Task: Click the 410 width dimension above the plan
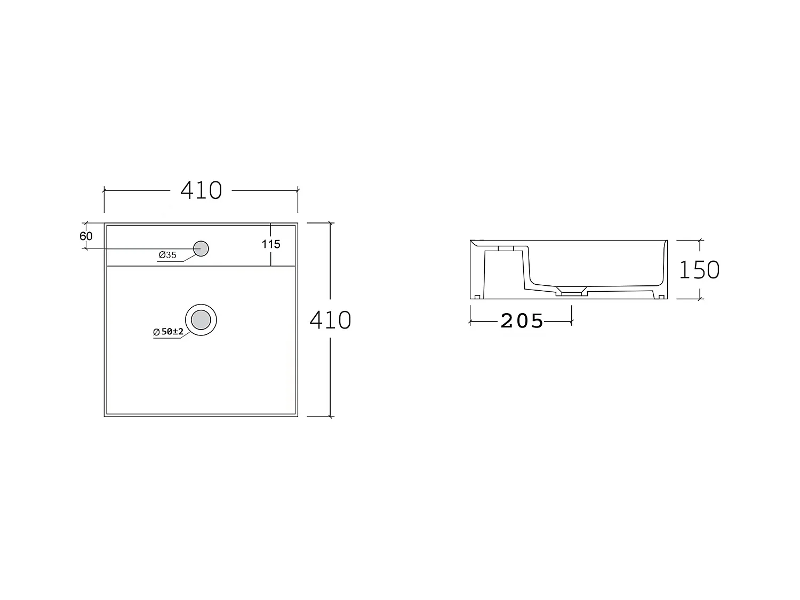201,190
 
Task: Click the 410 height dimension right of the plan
330,320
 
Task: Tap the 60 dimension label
86,236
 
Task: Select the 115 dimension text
271,244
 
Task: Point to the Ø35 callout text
167,255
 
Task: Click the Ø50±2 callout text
169,332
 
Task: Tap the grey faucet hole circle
201,249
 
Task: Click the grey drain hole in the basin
201,320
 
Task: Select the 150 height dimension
699,270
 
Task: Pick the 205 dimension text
522,321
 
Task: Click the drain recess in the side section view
572,292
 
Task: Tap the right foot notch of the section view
661,296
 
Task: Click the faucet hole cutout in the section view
506,249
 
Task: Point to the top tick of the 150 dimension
700,241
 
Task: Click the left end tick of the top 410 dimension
104,190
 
